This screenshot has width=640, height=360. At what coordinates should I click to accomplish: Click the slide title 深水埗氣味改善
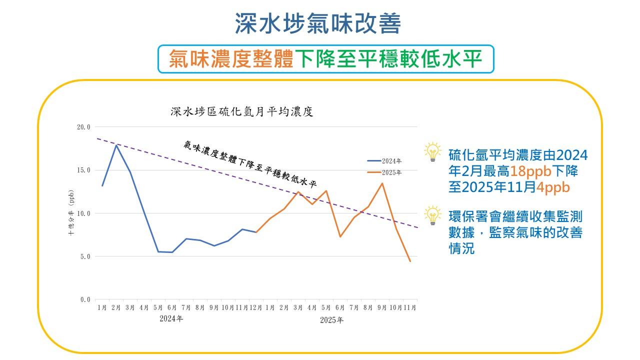click(318, 23)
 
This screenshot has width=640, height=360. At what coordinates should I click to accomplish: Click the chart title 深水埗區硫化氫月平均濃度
click(241, 111)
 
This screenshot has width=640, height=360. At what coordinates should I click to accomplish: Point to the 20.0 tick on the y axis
click(83, 127)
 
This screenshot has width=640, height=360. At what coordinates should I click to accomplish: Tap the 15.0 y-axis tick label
click(83, 170)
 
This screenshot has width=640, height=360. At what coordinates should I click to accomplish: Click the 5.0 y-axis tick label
click(85, 256)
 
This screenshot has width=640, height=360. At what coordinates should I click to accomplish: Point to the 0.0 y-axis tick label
click(85, 300)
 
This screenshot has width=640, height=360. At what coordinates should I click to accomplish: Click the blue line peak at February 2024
click(116, 145)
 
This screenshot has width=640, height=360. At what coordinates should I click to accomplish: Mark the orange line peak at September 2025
click(382, 183)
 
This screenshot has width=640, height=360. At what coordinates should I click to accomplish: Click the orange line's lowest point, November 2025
click(410, 261)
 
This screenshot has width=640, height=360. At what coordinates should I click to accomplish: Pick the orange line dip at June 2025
click(340, 236)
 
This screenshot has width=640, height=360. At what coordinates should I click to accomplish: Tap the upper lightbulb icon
click(432, 152)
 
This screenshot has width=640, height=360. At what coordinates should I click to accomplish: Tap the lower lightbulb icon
click(432, 215)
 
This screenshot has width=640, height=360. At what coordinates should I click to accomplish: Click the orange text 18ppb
click(530, 171)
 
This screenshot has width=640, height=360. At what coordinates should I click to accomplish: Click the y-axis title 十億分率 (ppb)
click(71, 212)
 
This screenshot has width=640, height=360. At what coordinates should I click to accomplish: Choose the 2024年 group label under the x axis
click(171, 318)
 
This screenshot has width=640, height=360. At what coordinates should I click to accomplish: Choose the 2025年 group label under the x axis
click(331, 320)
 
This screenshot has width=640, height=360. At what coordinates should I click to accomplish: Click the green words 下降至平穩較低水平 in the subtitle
click(388, 59)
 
